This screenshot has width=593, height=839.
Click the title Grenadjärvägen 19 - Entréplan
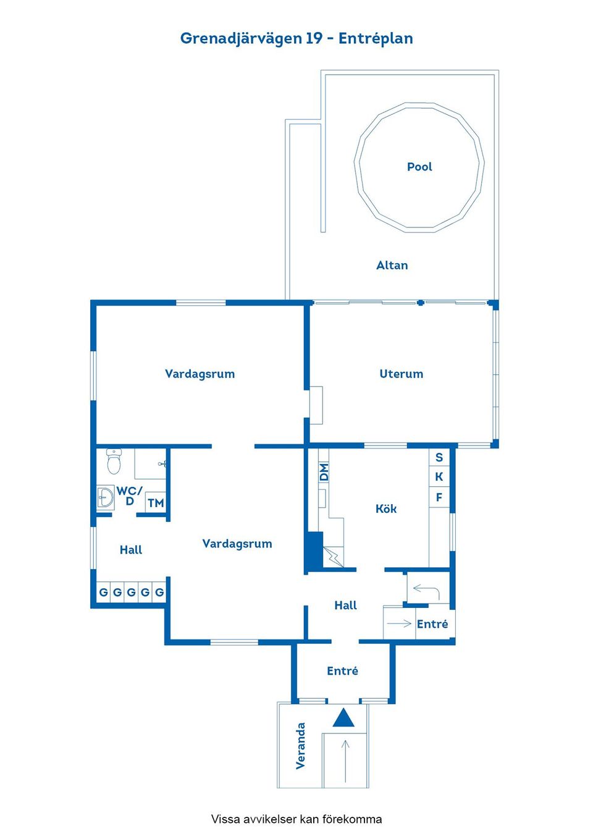coord(296,38)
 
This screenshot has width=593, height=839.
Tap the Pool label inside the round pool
coord(419,167)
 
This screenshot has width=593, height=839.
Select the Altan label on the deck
coord(392,265)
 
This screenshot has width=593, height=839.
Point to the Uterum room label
coord(401,374)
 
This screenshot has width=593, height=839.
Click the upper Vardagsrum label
coord(200,374)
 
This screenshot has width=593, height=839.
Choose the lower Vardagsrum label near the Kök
coord(237,544)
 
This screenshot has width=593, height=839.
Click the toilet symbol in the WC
coord(114,461)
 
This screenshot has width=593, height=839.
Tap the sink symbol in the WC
coord(105,497)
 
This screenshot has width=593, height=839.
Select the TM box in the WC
coord(156,503)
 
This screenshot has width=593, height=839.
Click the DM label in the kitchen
coord(324,473)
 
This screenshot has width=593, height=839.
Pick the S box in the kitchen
coord(439,457)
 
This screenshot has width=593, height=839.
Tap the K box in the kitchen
coord(439,477)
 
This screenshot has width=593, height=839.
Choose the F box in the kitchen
coord(439,497)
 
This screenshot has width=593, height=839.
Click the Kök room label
coord(386,508)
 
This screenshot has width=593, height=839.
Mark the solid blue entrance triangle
coord(344,718)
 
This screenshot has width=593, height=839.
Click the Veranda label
coord(301,746)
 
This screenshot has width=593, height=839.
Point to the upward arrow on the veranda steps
coord(345,760)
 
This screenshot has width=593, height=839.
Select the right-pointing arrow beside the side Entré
coord(399,623)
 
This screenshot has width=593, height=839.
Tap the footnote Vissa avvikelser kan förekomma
coord(296,819)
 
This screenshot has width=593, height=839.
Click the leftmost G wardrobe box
coord(104,592)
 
